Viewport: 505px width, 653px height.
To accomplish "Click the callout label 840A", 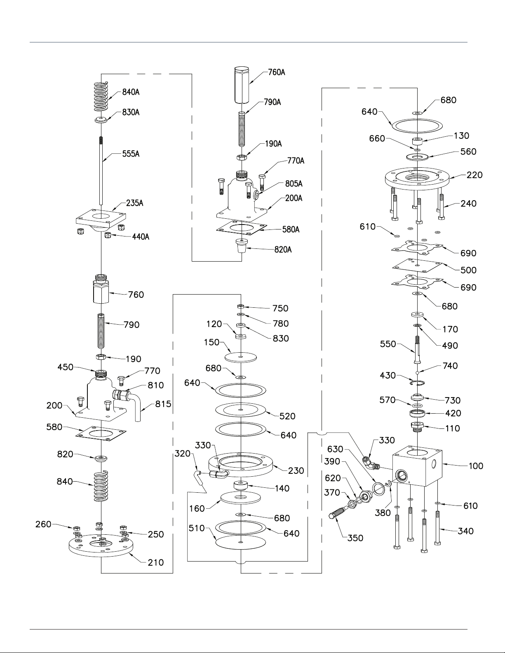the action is [x=131, y=92].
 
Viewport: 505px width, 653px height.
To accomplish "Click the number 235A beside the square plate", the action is [x=134, y=203].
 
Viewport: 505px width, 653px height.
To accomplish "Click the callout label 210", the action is [x=156, y=562].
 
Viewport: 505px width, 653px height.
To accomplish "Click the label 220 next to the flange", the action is [x=474, y=175].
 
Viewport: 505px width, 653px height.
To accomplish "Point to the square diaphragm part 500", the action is [x=417, y=266].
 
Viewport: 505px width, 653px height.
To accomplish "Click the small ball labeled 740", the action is [x=417, y=372].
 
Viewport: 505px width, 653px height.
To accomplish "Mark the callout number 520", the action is [x=287, y=416].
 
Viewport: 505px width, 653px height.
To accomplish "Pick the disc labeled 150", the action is [x=241, y=357].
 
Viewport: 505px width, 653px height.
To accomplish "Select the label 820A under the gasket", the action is [x=283, y=250].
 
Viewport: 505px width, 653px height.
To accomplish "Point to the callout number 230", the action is [x=296, y=470].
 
